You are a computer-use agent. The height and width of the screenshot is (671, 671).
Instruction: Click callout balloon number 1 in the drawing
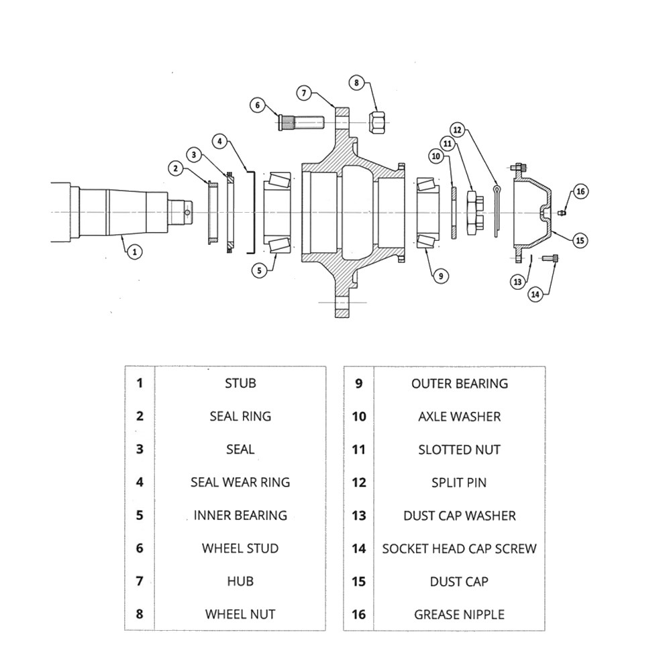(135, 252)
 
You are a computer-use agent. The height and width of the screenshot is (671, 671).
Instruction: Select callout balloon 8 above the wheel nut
(357, 83)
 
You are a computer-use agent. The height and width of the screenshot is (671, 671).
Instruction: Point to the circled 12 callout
(458, 129)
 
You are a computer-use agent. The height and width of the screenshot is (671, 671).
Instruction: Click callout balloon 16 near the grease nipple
(580, 192)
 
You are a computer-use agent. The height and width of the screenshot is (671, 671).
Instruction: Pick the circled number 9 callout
(440, 274)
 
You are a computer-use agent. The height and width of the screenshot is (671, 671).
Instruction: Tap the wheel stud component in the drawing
(301, 123)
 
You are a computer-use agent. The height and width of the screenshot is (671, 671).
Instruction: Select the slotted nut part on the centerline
(472, 212)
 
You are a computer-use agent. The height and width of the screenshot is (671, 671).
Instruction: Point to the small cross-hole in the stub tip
(188, 213)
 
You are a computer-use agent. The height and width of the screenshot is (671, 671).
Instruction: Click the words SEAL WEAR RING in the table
(240, 482)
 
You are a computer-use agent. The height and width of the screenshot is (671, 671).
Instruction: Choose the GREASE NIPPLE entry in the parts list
(459, 614)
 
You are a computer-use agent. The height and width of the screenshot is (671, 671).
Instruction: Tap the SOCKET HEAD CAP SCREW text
(459, 549)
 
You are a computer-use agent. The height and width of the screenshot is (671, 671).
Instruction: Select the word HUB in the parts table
(240, 581)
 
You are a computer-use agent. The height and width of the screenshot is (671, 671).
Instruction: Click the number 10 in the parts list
(359, 417)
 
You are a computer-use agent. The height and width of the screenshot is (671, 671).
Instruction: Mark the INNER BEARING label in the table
(240, 515)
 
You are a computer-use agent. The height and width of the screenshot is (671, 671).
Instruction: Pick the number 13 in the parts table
(359, 516)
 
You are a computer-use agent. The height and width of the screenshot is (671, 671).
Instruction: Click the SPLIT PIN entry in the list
(459, 482)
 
